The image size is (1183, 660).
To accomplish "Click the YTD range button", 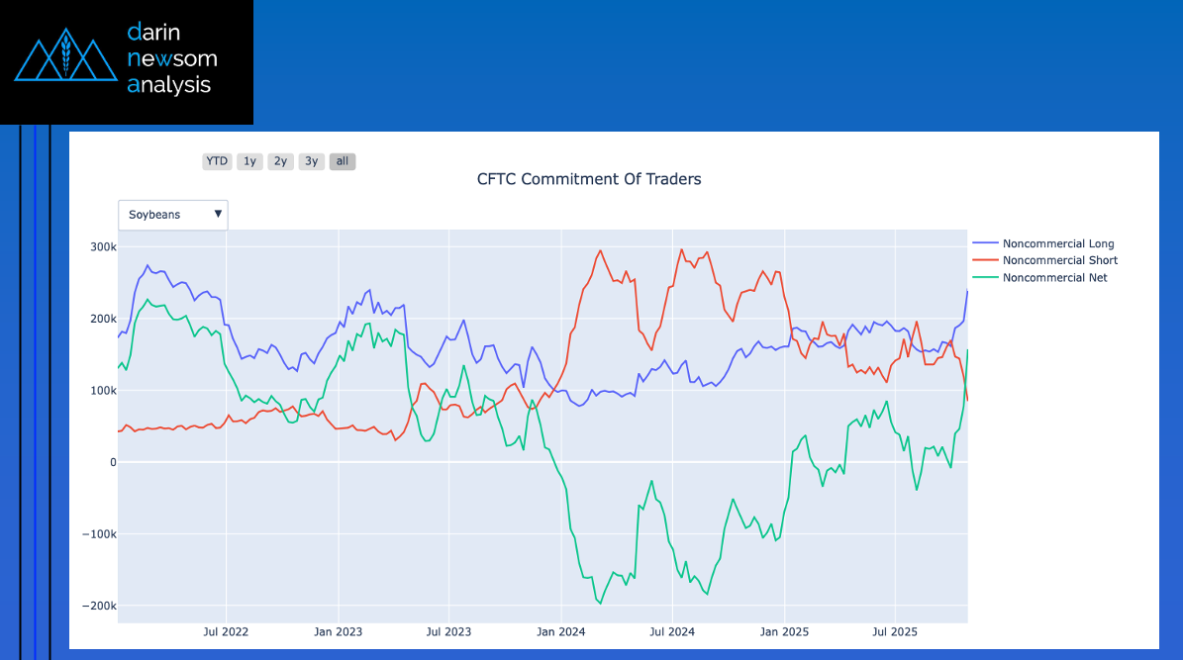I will (217, 161).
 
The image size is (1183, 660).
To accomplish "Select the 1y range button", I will (249, 161).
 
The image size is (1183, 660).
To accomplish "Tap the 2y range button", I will (281, 161).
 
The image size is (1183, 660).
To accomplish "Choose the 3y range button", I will (312, 161).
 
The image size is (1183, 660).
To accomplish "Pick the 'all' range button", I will (343, 161).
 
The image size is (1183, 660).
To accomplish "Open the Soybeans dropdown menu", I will (173, 215).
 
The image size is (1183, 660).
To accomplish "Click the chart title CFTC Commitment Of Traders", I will (589, 179).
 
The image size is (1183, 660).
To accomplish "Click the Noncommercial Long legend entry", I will (1057, 243).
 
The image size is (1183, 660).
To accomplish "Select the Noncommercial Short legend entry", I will (1059, 260).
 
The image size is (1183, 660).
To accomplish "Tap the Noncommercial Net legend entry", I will (1054, 278).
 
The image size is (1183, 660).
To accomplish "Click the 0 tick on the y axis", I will (112, 462).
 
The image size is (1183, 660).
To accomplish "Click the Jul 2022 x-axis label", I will (226, 632).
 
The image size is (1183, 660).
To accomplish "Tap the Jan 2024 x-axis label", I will (559, 632).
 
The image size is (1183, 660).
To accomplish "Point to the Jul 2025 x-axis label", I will (894, 632).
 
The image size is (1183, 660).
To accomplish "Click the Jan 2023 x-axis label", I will (338, 632).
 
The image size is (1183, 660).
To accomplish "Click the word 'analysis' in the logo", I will (169, 85).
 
